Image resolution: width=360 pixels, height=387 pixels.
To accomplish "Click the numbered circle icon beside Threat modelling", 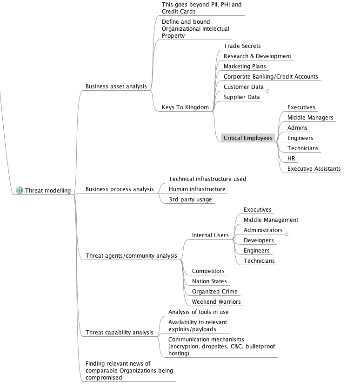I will (20, 190).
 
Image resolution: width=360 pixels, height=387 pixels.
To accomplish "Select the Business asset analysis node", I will (116, 87).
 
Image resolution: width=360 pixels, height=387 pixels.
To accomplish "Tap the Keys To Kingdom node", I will (185, 107).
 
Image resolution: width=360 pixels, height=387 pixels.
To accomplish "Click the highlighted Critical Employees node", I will (247, 138).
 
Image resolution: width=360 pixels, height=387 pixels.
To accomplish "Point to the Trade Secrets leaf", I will (242, 46).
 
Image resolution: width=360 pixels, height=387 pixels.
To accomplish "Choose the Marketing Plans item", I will (245, 67).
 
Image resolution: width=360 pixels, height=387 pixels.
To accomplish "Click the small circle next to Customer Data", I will (267, 91).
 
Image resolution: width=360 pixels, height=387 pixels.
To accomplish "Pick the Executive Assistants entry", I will (313, 169).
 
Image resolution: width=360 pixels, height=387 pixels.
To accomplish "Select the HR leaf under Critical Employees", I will (291, 159).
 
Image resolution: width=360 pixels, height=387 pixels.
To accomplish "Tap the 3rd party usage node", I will (190, 200).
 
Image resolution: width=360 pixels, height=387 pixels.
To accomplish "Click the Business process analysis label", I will (119, 189).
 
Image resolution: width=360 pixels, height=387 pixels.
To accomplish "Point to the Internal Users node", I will (210, 235).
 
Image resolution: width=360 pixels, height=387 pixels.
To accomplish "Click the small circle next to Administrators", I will (287, 234).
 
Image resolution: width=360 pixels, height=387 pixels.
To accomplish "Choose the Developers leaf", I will (259, 240).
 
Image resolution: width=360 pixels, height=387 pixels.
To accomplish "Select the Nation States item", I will (209, 281).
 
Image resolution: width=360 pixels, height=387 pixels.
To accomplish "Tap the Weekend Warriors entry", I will (216, 302).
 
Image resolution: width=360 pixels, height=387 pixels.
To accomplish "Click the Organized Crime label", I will (214, 292).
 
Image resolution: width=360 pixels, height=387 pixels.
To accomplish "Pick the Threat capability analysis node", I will (119, 333).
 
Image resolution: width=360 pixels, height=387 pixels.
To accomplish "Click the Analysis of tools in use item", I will (198, 312).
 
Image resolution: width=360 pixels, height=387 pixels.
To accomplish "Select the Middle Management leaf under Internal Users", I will (271, 220).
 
